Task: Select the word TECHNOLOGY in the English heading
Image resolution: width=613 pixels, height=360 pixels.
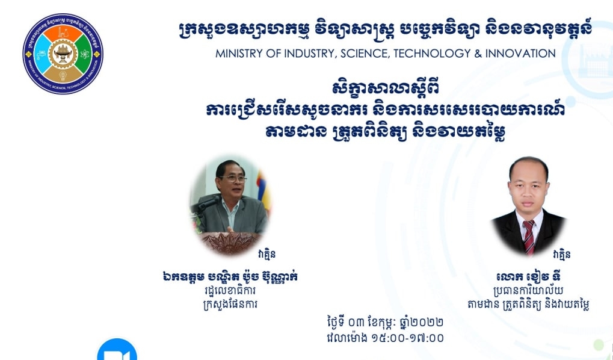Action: (x=432, y=53)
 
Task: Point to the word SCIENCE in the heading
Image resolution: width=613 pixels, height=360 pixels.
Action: (x=365, y=54)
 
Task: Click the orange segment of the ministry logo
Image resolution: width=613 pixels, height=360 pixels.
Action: (x=63, y=33)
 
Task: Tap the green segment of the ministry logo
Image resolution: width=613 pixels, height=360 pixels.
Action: (x=84, y=54)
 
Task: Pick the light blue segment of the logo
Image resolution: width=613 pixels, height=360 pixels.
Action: (x=42, y=54)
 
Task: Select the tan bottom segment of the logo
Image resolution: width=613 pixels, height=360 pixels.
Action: (x=63, y=75)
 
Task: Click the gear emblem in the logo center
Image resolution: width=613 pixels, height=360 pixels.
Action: (x=63, y=54)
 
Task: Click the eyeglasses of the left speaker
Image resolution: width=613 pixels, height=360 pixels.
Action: (x=233, y=179)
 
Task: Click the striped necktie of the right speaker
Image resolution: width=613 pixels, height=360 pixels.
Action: (x=529, y=237)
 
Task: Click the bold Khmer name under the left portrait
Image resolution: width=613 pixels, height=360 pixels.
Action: (x=230, y=277)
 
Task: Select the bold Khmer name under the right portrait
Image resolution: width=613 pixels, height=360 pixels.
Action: (x=529, y=277)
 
